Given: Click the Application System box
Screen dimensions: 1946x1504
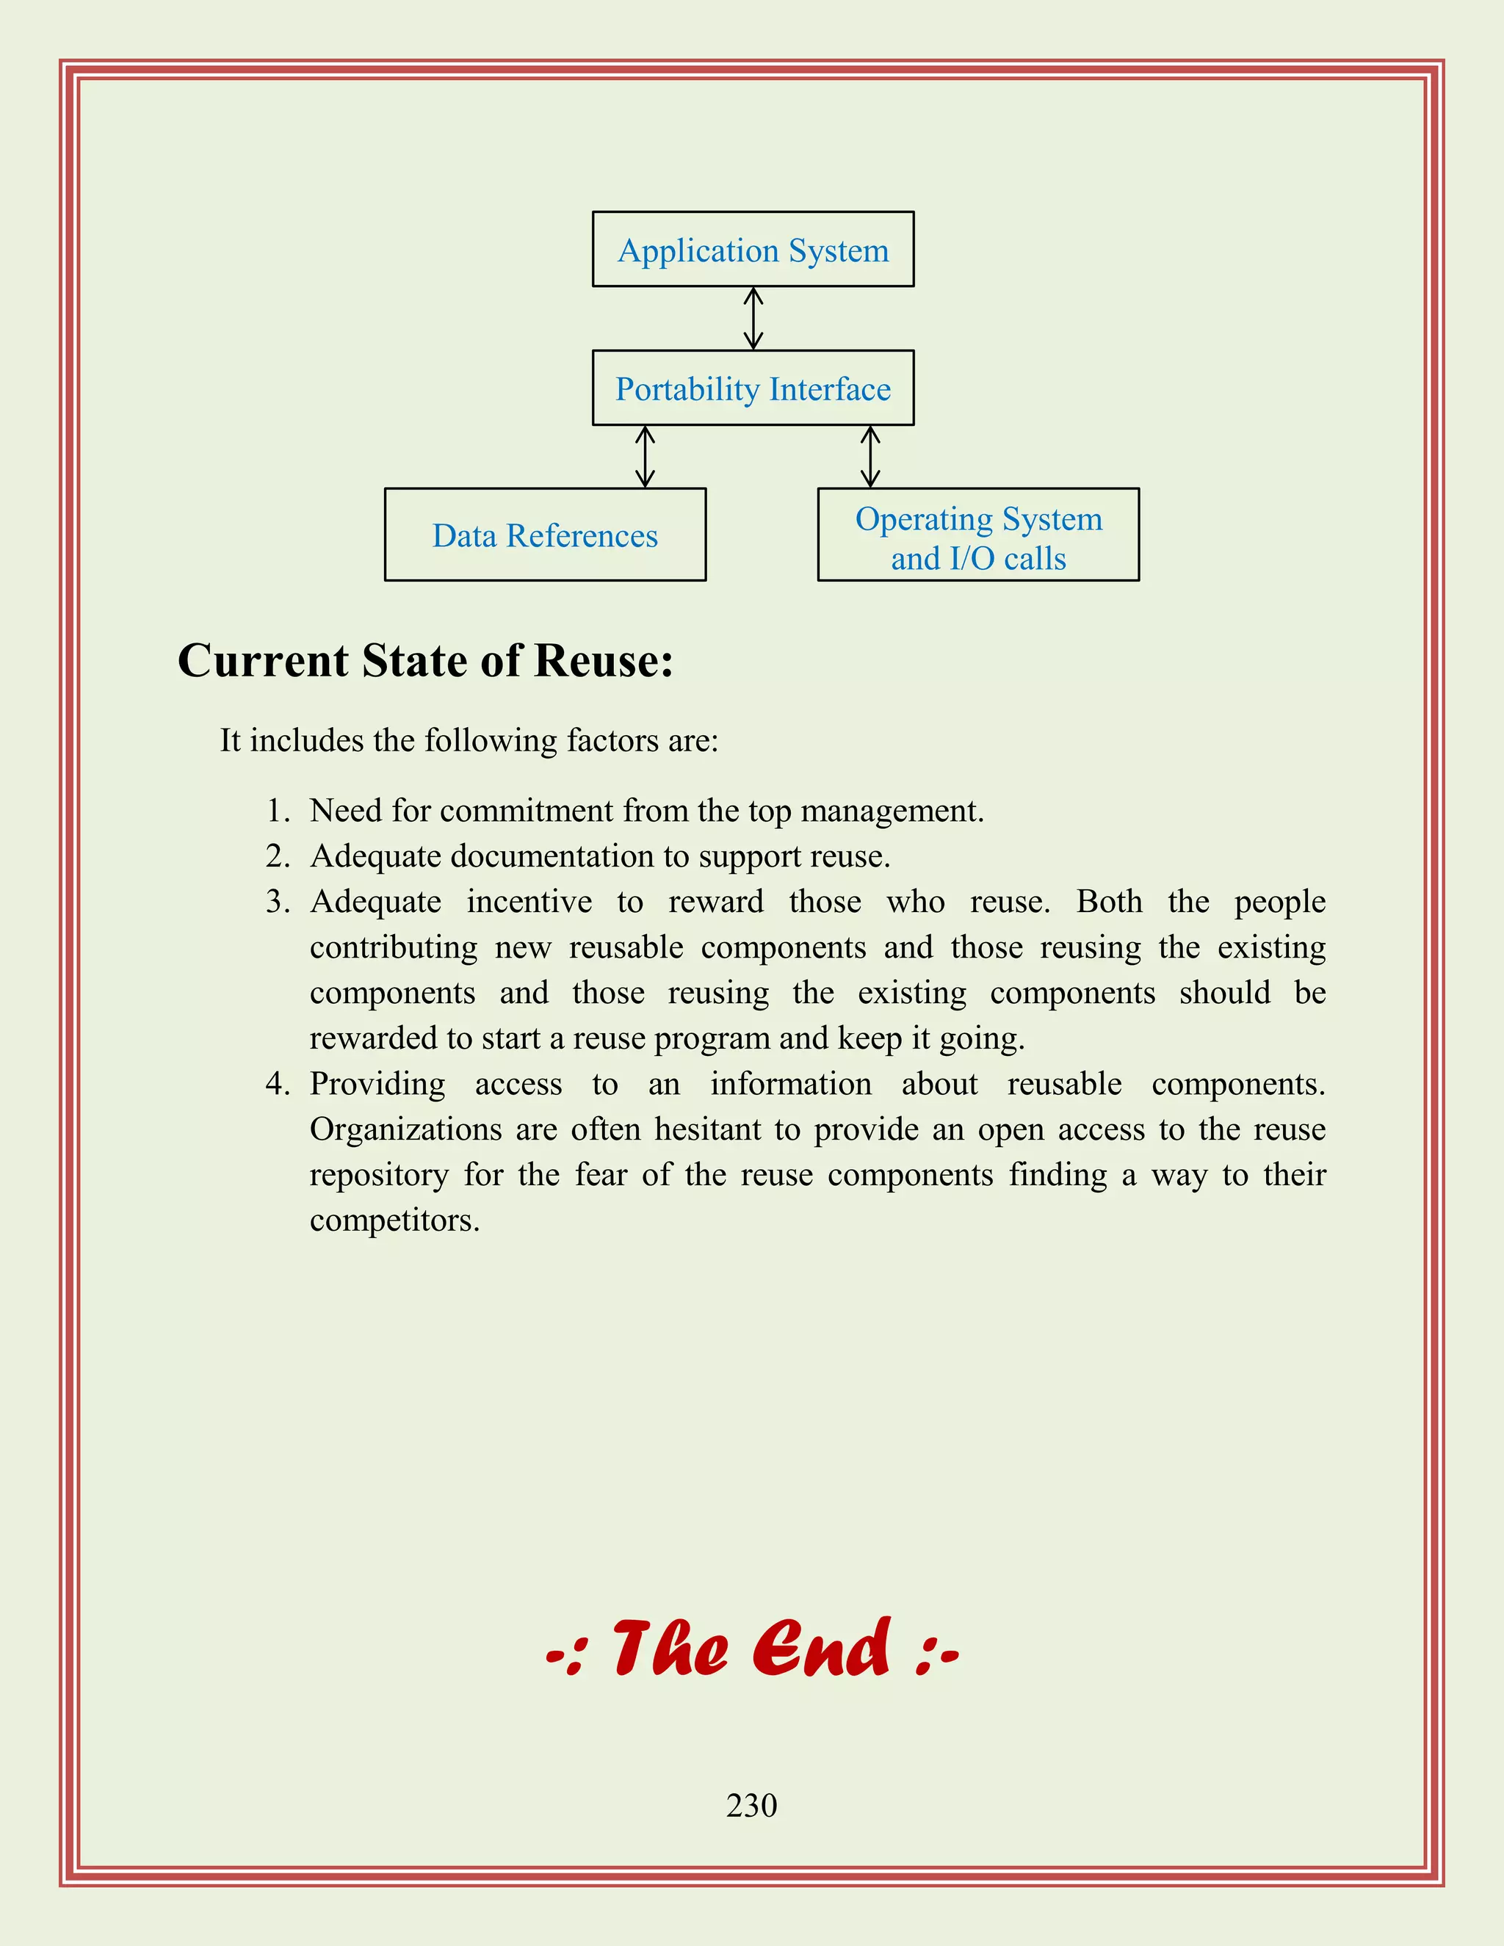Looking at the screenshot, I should point(753,250).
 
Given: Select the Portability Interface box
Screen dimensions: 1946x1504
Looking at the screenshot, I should point(753,388).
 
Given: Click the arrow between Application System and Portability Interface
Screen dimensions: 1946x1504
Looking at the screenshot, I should point(753,318).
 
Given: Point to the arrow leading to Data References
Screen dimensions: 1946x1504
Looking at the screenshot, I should point(645,456).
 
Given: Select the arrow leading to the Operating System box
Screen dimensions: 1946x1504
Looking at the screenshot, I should point(870,456).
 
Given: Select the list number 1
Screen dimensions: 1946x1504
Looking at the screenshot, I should point(278,811).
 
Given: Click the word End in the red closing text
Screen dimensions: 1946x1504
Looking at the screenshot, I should point(820,1649).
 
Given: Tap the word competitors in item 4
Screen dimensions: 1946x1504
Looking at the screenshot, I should point(394,1220).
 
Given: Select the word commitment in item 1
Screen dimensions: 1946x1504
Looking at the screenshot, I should point(527,811).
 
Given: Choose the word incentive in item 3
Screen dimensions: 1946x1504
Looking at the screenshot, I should point(529,902).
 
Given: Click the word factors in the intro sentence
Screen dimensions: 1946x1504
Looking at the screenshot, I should point(607,740).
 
